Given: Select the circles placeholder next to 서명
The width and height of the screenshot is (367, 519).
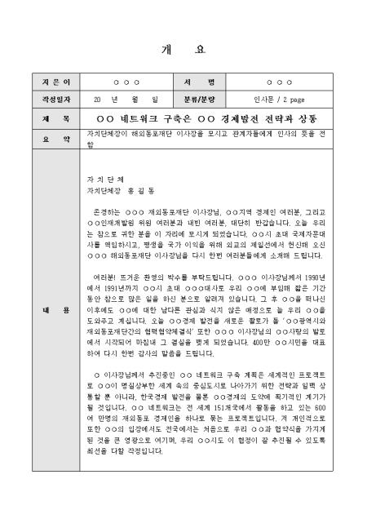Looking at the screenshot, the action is point(279,83).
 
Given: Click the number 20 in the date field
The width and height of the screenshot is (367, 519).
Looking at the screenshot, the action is point(98,100).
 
